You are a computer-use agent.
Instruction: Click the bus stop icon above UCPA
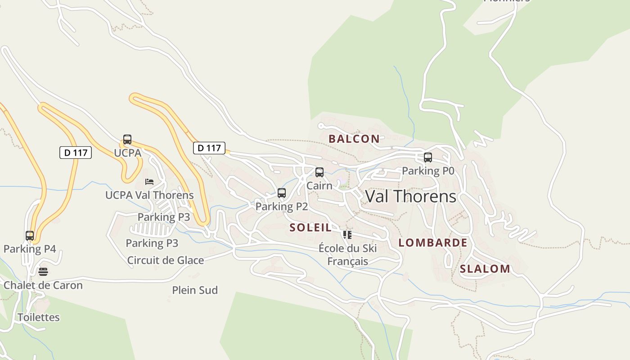pyautogui.click(x=127, y=139)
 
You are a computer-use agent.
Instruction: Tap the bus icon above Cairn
pyautogui.click(x=319, y=172)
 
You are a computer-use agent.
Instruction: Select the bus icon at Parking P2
pyautogui.click(x=282, y=193)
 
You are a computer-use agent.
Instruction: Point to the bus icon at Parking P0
pyautogui.click(x=428, y=157)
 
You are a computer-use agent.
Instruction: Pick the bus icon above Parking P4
pyautogui.click(x=30, y=235)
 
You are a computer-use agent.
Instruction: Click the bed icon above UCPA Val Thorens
pyautogui.click(x=149, y=182)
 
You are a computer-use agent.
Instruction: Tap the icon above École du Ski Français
pyautogui.click(x=347, y=234)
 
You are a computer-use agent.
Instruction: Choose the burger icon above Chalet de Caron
pyautogui.click(x=43, y=272)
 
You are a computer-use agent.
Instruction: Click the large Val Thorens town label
pyautogui.click(x=410, y=197)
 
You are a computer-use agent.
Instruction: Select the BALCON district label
pyautogui.click(x=354, y=139)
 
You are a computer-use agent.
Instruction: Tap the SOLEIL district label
pyautogui.click(x=310, y=228)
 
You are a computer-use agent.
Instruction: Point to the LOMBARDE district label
pyautogui.click(x=433, y=243)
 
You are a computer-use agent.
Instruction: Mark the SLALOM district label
pyautogui.click(x=485, y=269)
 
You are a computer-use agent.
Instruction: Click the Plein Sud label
pyautogui.click(x=195, y=290)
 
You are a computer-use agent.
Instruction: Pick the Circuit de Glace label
pyautogui.click(x=166, y=260)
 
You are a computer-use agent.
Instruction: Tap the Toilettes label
pyautogui.click(x=39, y=317)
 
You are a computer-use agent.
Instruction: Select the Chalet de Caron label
pyautogui.click(x=43, y=285)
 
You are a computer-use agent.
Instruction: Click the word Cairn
pyautogui.click(x=319, y=185)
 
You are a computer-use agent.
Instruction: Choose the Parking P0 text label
pyautogui.click(x=428, y=171)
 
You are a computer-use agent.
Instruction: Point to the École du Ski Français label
pyautogui.click(x=347, y=255)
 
